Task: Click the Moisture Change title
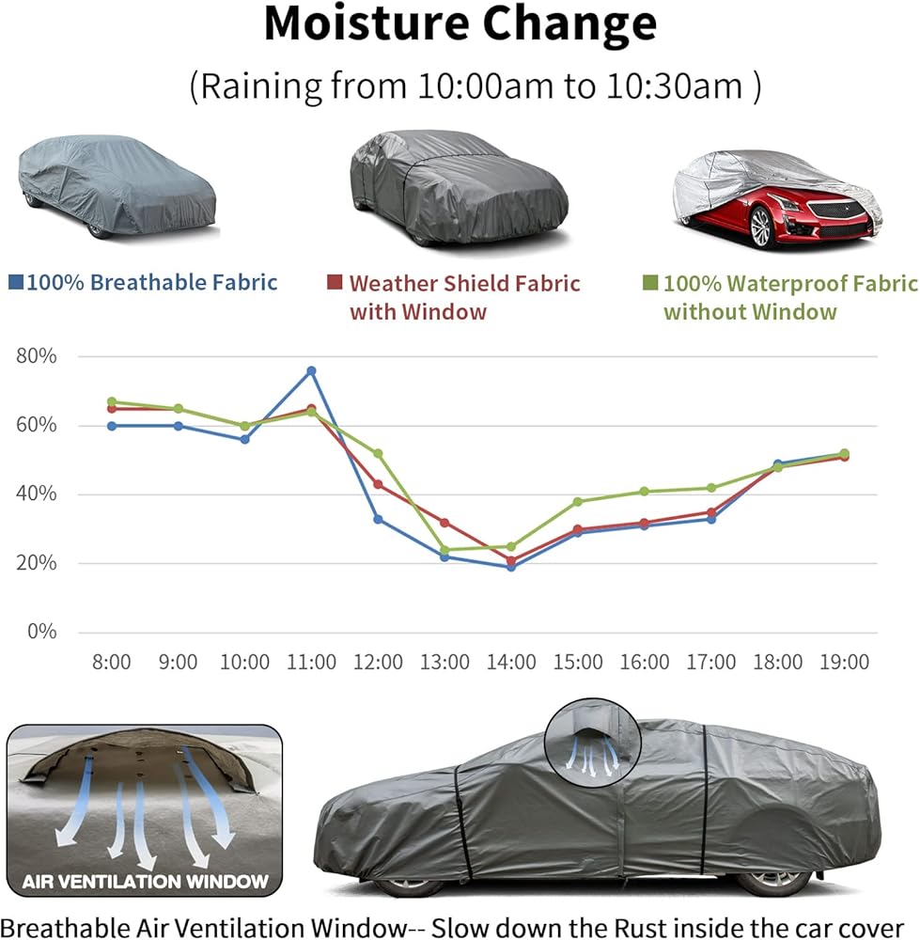click(460, 25)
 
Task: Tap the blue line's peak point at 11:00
click(312, 370)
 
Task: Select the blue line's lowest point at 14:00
click(511, 567)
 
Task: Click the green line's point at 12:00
click(379, 453)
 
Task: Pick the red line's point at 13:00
click(444, 523)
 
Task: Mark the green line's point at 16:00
click(645, 491)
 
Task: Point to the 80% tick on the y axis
click(38, 357)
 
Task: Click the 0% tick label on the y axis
click(41, 632)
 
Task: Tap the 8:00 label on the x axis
click(111, 662)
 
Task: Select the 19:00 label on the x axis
click(844, 662)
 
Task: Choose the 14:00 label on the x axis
click(511, 662)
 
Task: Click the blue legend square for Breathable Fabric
click(15, 281)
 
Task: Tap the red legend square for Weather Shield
click(334, 282)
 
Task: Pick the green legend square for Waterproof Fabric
click(649, 282)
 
